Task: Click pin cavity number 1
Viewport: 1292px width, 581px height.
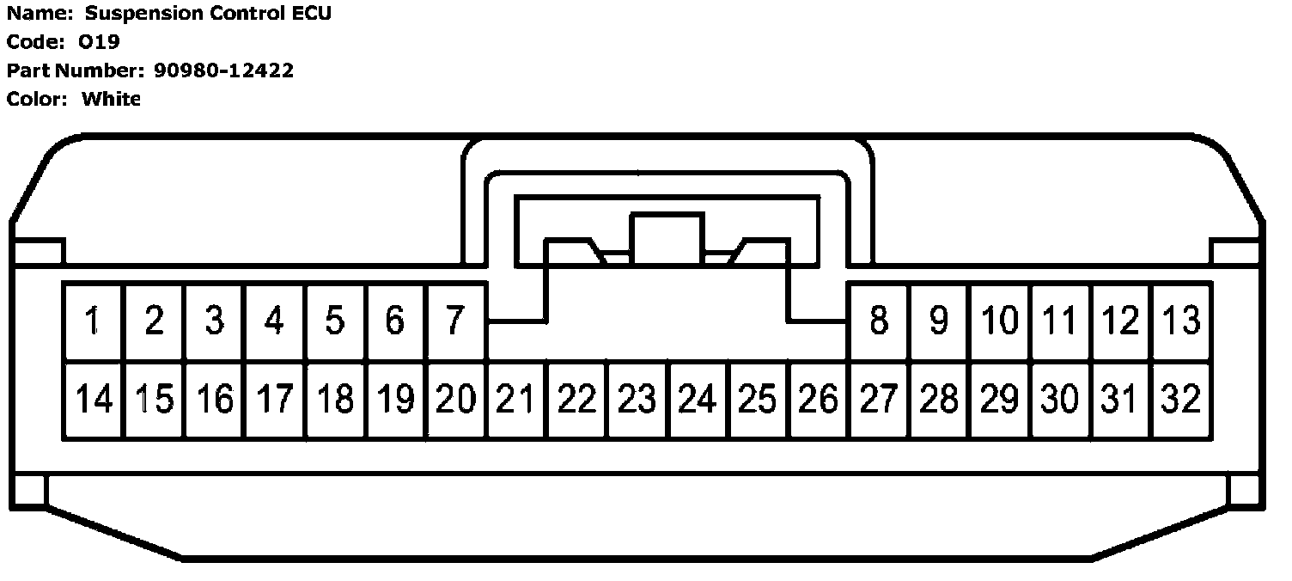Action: pyautogui.click(x=93, y=321)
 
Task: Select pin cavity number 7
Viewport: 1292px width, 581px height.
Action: pyautogui.click(x=455, y=321)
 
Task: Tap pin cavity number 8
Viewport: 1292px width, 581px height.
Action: pyautogui.click(x=878, y=321)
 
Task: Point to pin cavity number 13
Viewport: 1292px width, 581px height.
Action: pyautogui.click(x=1181, y=321)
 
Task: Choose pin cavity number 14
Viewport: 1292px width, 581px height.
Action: pyautogui.click(x=93, y=400)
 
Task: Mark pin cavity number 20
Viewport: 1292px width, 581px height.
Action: pyautogui.click(x=455, y=400)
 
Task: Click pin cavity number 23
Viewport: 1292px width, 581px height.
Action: pyautogui.click(x=637, y=400)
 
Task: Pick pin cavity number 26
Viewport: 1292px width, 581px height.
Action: pyautogui.click(x=818, y=400)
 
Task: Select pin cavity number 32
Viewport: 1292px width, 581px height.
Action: pyautogui.click(x=1181, y=400)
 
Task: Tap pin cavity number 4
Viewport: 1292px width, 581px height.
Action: pyautogui.click(x=274, y=321)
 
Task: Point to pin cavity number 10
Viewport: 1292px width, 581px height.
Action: pyautogui.click(x=999, y=321)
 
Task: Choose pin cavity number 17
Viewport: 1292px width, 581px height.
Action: pyautogui.click(x=274, y=400)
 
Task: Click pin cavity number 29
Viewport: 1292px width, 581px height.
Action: pyautogui.click(x=999, y=400)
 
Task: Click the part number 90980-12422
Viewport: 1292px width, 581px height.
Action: pyautogui.click(x=223, y=70)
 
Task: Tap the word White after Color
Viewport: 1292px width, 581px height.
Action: pyautogui.click(x=111, y=99)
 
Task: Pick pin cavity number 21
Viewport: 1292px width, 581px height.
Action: pyautogui.click(x=515, y=400)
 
